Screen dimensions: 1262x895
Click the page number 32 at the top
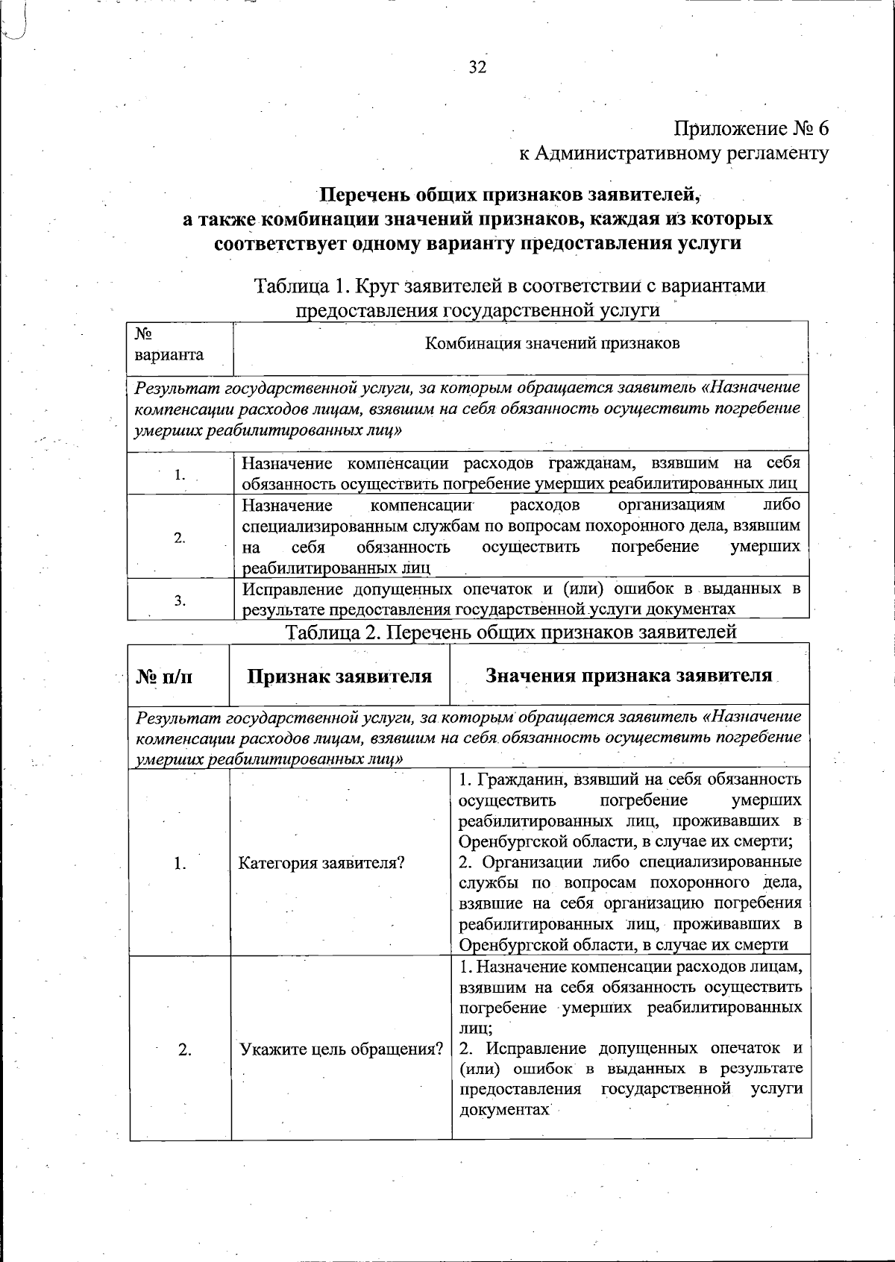[x=477, y=68]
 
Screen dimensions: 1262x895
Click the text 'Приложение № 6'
[x=751, y=128]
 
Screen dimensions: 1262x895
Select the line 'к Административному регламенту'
[x=673, y=154]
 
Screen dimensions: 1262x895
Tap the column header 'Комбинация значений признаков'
[x=552, y=344]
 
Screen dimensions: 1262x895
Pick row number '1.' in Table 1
[x=180, y=474]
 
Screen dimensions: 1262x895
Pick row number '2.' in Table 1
[x=180, y=538]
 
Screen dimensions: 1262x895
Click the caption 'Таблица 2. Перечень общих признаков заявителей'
[x=512, y=632]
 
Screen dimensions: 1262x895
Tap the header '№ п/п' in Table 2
[x=165, y=676]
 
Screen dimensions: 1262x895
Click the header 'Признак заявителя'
[x=339, y=676]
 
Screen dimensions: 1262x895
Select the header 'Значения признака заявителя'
[x=629, y=676]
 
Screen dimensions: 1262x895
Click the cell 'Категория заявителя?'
[x=321, y=864]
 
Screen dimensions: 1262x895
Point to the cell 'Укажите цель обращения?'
[x=341, y=1049]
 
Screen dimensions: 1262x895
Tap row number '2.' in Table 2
[x=184, y=1049]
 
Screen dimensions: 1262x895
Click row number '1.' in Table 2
[x=180, y=864]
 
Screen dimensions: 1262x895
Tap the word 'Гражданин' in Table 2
[x=516, y=780]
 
